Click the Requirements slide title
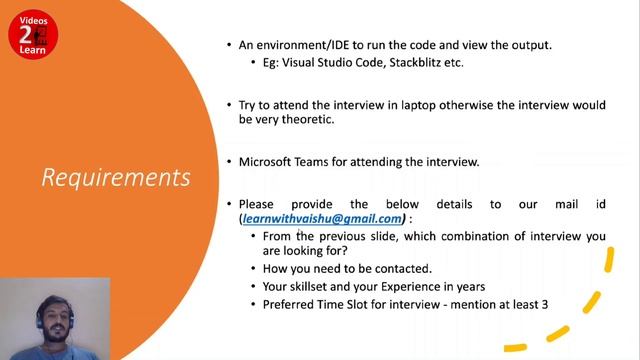tap(116, 177)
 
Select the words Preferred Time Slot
tap(313, 303)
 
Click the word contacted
tap(400, 268)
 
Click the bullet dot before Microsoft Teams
tap(229, 161)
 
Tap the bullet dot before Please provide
tap(229, 204)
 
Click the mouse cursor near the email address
tap(298, 233)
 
